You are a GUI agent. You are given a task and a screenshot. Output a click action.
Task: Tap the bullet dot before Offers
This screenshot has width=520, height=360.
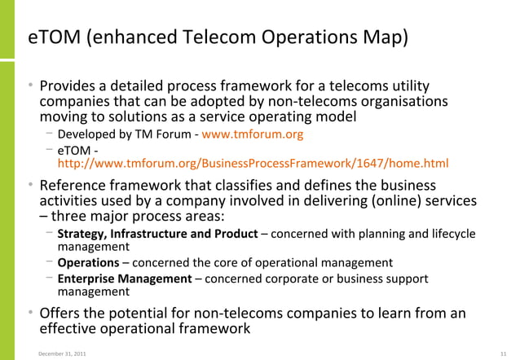(x=31, y=314)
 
